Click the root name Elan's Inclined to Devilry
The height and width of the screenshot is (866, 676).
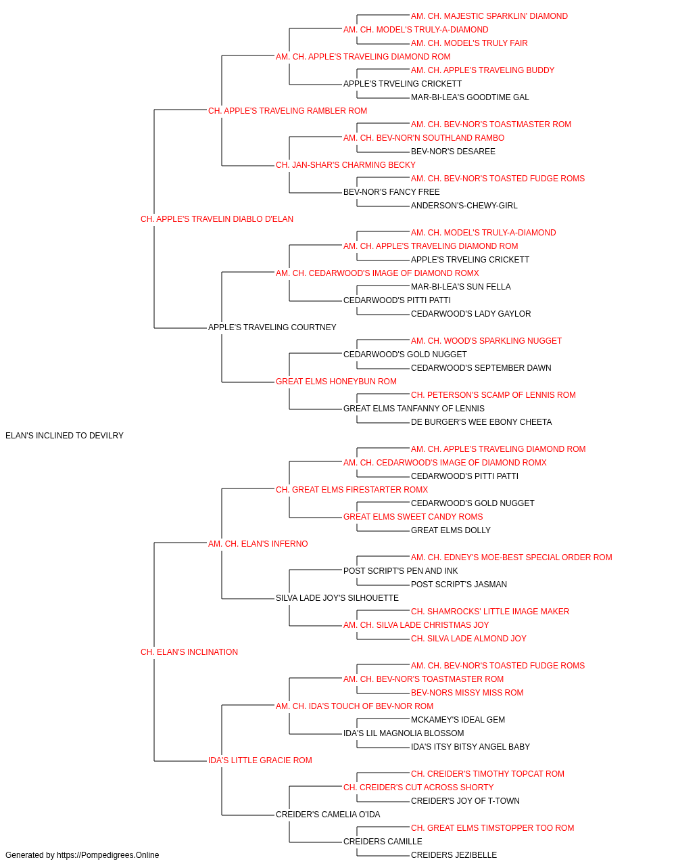[x=64, y=436]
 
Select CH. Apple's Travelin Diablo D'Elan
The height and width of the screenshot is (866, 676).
[x=217, y=219]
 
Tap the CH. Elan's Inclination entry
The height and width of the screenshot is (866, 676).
[x=189, y=652]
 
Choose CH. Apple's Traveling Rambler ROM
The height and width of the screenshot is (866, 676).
[x=287, y=111]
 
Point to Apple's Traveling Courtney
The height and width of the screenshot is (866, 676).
[x=272, y=327]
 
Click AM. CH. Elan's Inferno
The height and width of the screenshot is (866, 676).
[x=258, y=543]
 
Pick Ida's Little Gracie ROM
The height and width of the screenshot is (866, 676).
[x=260, y=760]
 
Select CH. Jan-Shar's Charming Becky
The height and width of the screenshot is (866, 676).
[x=345, y=165]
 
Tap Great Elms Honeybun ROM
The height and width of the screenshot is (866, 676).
[x=337, y=382]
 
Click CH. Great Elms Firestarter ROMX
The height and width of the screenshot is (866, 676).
[x=352, y=489]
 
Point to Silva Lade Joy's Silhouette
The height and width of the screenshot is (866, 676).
[x=337, y=598]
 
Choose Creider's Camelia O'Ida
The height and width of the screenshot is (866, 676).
[x=328, y=814]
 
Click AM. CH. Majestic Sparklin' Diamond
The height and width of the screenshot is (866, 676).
[x=489, y=16]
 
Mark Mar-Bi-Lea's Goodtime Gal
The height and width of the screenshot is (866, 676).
[x=470, y=97]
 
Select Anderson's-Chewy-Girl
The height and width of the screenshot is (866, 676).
[x=464, y=206]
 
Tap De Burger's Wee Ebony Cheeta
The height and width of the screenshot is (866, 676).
[x=481, y=422]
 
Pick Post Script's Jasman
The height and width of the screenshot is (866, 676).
[x=459, y=585]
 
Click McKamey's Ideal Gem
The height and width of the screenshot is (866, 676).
[x=458, y=719]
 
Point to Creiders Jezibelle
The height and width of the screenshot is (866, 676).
[x=454, y=855]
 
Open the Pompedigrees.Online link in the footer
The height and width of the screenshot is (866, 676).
[x=108, y=855]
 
